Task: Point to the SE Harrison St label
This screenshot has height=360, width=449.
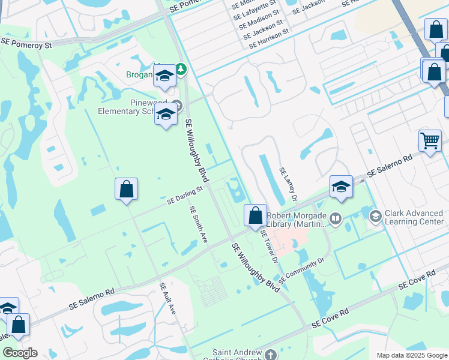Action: [268, 37]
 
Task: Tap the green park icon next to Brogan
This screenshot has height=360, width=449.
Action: [179, 70]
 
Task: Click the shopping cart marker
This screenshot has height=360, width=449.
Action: [430, 141]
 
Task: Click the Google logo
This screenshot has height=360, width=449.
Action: [20, 353]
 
